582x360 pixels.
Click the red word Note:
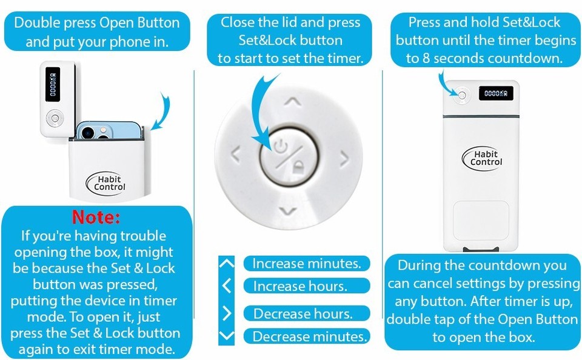[x=96, y=217]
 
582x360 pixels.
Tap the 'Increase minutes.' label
[x=306, y=264]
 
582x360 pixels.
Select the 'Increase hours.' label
[x=300, y=286]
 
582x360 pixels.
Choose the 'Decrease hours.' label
[x=303, y=314]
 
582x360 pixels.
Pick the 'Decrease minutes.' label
[x=310, y=336]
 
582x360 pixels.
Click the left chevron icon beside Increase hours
[x=226, y=285]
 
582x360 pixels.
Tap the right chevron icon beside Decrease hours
[x=227, y=313]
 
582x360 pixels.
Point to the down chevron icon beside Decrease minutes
[x=226, y=336]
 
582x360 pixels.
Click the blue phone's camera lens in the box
[x=89, y=131]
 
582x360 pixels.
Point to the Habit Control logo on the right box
[x=486, y=158]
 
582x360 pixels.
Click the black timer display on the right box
[x=495, y=93]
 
